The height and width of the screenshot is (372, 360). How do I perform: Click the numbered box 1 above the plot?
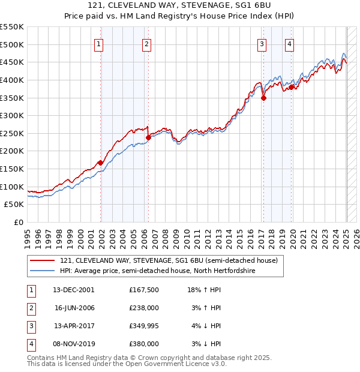click(x=98, y=43)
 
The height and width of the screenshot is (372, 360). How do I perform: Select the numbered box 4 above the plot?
click(x=289, y=43)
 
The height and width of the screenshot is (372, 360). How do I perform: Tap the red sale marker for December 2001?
click(x=101, y=163)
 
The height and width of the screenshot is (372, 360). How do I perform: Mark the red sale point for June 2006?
click(x=148, y=137)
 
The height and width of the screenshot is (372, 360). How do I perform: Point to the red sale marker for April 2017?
click(x=263, y=98)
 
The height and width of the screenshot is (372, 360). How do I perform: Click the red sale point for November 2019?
click(x=292, y=87)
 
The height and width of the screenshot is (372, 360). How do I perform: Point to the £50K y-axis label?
click(x=14, y=204)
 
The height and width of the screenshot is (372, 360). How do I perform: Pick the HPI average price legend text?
click(x=158, y=271)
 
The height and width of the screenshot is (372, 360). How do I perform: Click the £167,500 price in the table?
click(x=143, y=290)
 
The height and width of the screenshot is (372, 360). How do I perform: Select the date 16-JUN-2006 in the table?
click(x=74, y=308)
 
